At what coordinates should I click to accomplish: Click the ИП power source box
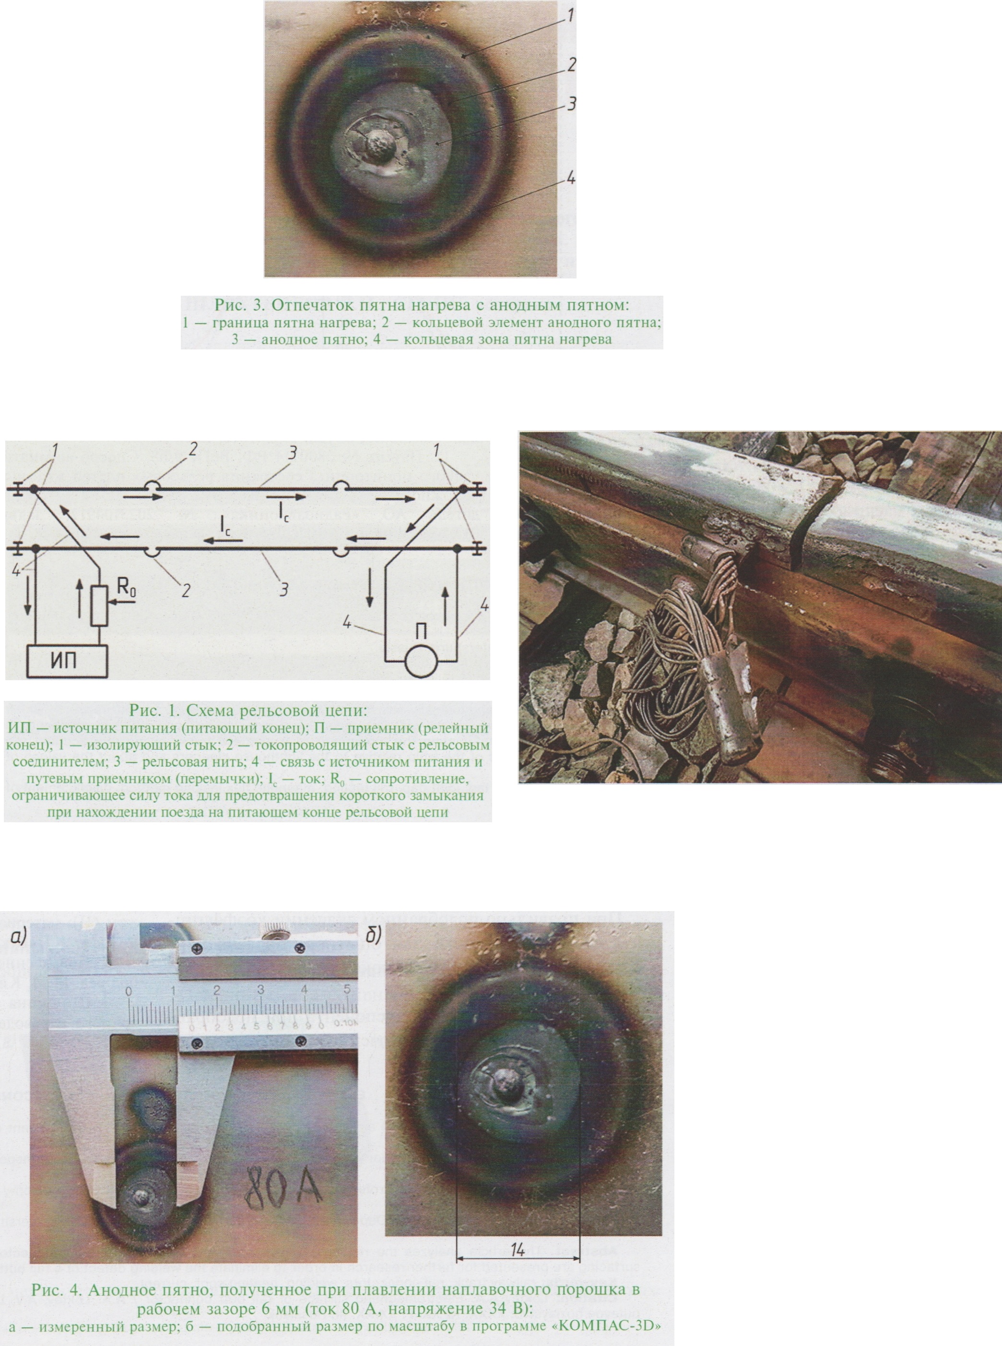click(67, 661)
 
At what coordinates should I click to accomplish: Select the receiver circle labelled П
click(421, 661)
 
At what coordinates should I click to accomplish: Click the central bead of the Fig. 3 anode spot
click(380, 145)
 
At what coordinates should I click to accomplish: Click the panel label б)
click(373, 936)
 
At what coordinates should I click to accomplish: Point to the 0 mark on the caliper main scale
click(129, 991)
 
